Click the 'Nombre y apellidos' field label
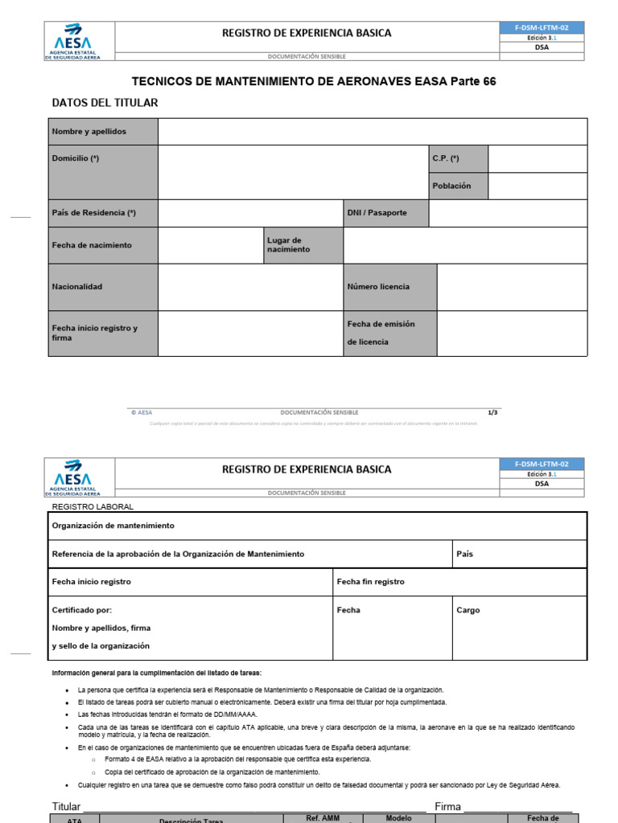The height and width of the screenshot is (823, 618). coord(89,132)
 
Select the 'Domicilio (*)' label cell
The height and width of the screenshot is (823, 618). coord(76,159)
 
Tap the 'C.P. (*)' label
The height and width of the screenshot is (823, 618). coord(446,159)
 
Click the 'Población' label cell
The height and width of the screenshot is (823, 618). coord(451,186)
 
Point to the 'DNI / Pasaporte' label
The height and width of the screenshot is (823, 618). coord(377,213)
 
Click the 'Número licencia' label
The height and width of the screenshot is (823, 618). coord(378,287)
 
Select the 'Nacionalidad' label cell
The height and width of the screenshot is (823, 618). coord(77,287)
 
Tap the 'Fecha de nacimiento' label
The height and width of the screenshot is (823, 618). coord(92,245)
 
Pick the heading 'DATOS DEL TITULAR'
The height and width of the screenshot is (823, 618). coord(105,103)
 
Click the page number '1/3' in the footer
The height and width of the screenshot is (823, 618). coord(493,412)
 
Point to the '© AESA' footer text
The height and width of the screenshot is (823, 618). coord(142,412)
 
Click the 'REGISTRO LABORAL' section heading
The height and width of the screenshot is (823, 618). coord(93,507)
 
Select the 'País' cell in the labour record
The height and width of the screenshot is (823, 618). coord(465,555)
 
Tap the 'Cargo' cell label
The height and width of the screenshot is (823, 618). coord(468,610)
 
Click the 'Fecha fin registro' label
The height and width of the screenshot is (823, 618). coord(371,582)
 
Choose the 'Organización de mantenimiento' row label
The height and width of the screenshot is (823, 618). coord(113,526)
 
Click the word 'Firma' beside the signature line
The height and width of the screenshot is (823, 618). coord(447,806)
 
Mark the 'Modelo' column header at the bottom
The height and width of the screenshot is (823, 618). coord(399,818)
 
